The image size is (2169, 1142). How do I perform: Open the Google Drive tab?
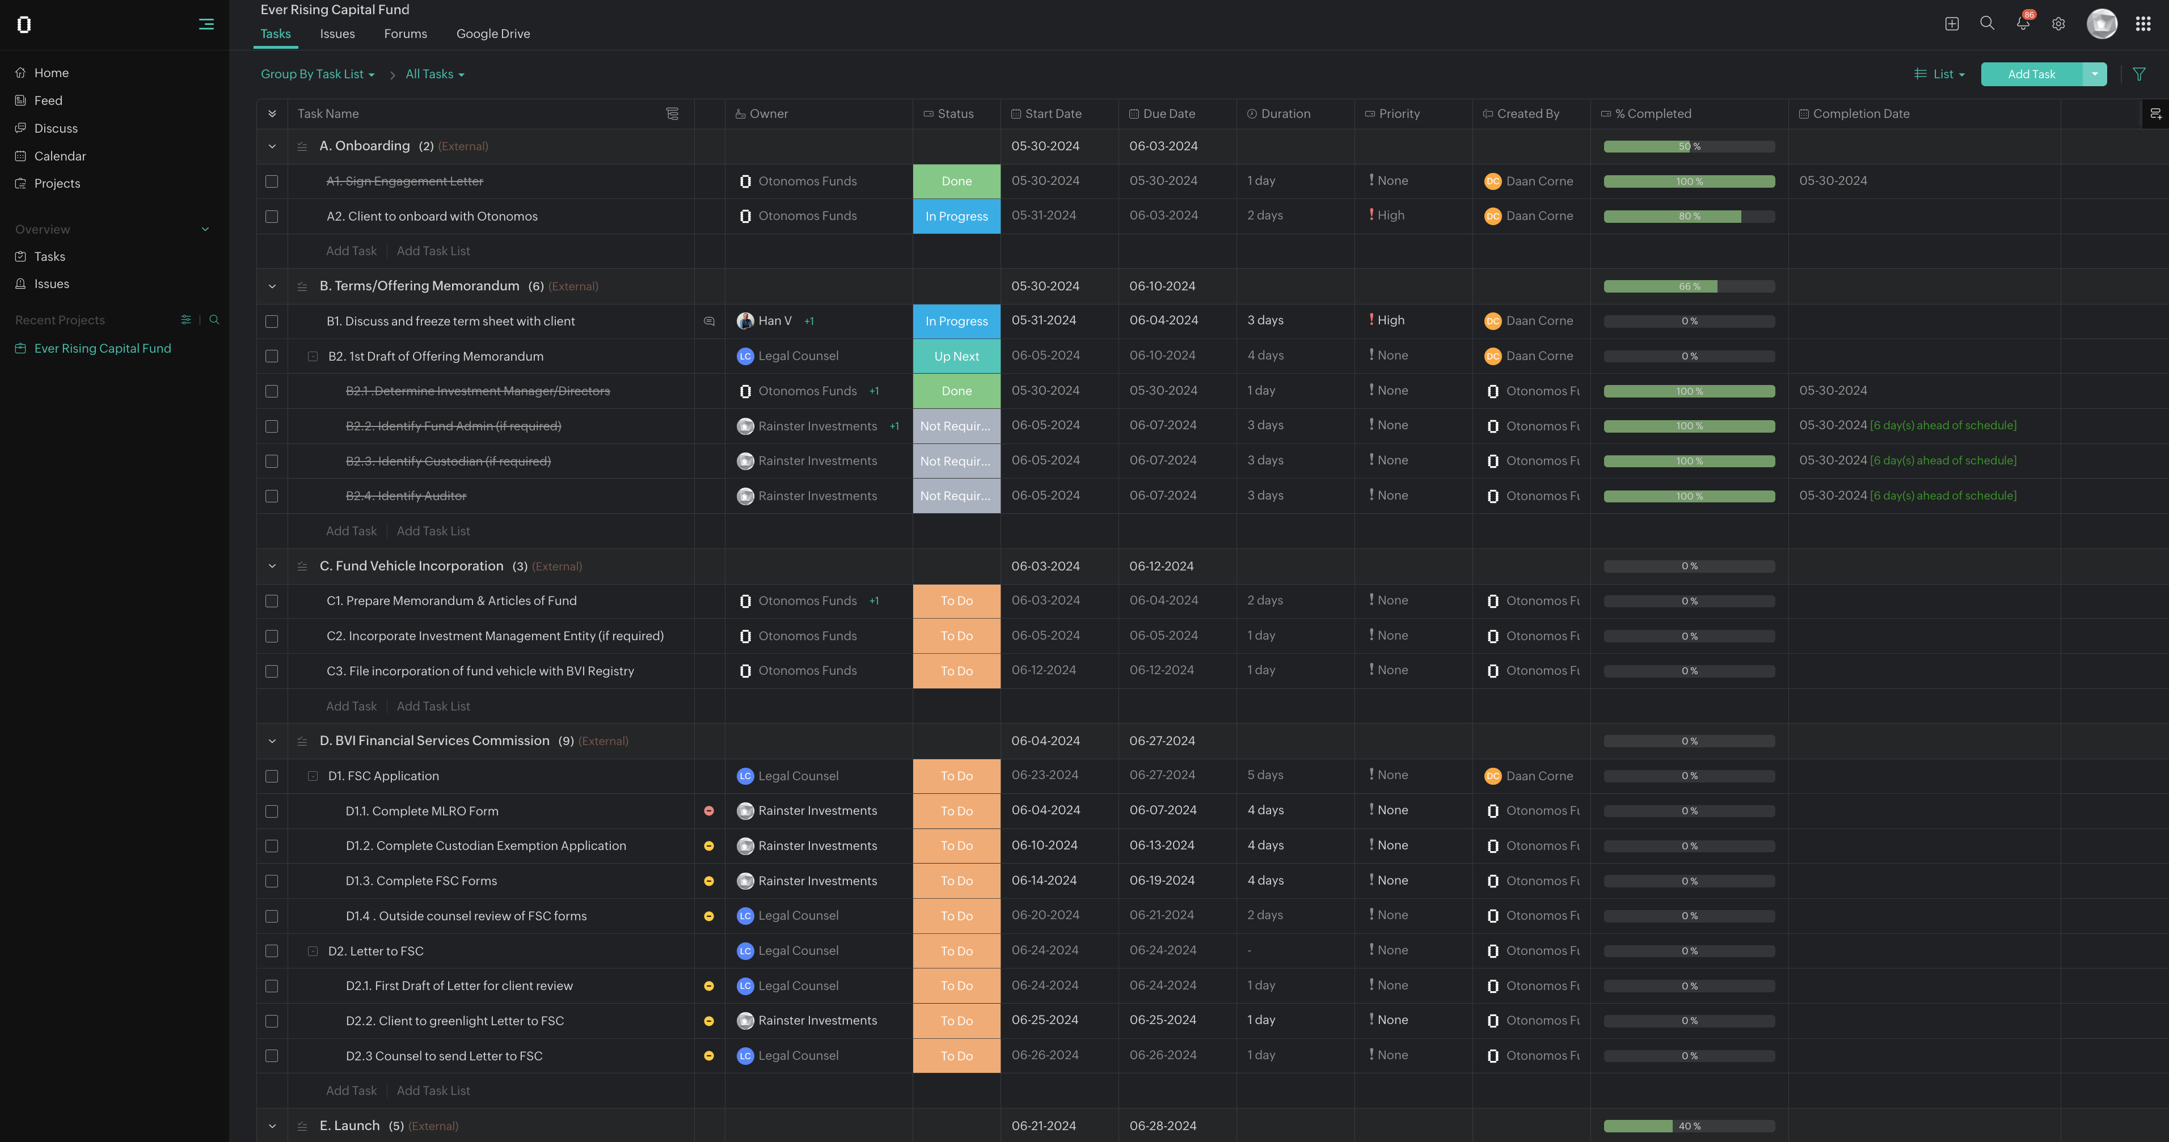[x=492, y=33]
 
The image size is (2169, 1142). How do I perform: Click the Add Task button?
[x=2031, y=74]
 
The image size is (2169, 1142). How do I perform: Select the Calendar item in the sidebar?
[x=60, y=156]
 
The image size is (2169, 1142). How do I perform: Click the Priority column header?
[x=1399, y=113]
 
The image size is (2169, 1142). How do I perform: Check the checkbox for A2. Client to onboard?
[x=271, y=216]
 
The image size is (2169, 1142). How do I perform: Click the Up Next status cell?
[x=956, y=356]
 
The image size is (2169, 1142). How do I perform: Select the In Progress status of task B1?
[x=956, y=320]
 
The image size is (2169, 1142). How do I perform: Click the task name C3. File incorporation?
[x=480, y=671]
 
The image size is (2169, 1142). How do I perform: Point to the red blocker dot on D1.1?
[x=709, y=810]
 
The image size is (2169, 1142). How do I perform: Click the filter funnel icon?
[x=2139, y=74]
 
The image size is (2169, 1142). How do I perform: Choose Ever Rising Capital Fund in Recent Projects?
[x=102, y=348]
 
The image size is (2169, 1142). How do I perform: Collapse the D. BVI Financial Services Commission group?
[x=272, y=741]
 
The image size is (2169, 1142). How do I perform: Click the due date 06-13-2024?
[x=1162, y=845]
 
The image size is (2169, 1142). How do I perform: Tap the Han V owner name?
[x=775, y=320]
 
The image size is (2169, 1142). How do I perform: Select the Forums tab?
[x=405, y=33]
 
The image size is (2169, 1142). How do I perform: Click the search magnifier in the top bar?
[x=1987, y=24]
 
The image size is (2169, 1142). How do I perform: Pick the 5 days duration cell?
[x=1265, y=775]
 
